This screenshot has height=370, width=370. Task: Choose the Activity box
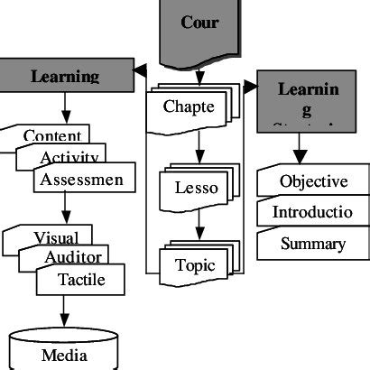(x=69, y=157)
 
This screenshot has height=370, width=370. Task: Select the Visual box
(x=54, y=237)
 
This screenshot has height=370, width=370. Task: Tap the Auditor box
(x=72, y=258)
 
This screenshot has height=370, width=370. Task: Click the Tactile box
(x=81, y=280)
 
